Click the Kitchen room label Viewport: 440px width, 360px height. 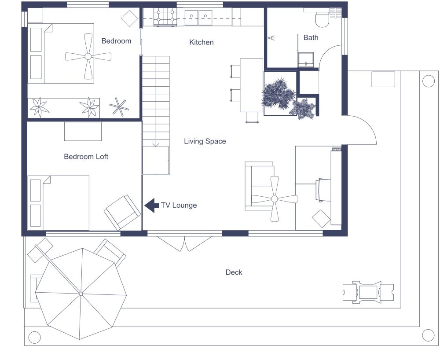(x=202, y=42)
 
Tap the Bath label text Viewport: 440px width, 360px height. (x=311, y=37)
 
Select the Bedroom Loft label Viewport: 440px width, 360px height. (x=86, y=156)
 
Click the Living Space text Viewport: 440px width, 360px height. (x=205, y=141)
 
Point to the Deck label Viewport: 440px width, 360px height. (x=234, y=272)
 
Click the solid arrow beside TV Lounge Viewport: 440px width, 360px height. (x=152, y=205)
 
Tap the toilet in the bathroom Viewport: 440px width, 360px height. (x=322, y=18)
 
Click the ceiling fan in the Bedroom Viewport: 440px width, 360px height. (x=88, y=57)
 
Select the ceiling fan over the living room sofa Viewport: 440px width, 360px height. (x=275, y=199)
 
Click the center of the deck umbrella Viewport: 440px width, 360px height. (x=81, y=294)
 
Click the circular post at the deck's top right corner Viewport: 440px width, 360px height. (x=428, y=81)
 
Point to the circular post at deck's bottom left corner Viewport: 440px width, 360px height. (x=34, y=338)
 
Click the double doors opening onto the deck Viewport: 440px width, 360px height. (x=185, y=242)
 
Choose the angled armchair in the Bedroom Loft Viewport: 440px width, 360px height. (x=122, y=212)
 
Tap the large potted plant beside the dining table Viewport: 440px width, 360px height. (x=278, y=93)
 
